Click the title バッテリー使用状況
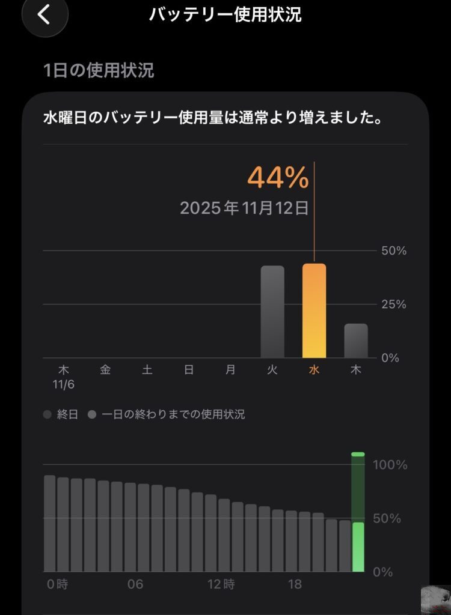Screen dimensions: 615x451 click(x=226, y=14)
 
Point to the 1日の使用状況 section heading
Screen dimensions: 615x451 click(x=99, y=71)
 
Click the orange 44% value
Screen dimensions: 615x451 click(x=278, y=177)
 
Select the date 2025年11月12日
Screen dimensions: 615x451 click(x=244, y=208)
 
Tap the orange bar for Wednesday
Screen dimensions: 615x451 click(x=314, y=311)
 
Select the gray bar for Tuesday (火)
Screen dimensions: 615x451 click(x=272, y=312)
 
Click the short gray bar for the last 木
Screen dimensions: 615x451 click(x=356, y=341)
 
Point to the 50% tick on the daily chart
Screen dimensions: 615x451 click(x=394, y=250)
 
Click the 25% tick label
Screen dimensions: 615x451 click(x=394, y=304)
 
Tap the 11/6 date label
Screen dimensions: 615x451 click(x=63, y=383)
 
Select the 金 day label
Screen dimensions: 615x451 click(x=105, y=370)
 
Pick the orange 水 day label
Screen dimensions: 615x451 click(x=314, y=370)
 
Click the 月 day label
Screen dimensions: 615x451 click(x=230, y=370)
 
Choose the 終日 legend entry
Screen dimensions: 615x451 click(x=62, y=414)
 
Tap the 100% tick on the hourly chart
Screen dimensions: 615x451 click(x=390, y=465)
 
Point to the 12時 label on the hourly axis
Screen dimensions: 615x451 click(x=221, y=584)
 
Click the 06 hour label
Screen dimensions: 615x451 click(x=135, y=584)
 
